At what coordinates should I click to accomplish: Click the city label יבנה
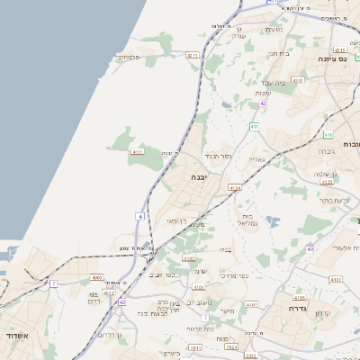(x=199, y=177)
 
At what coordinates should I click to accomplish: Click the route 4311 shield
(x=192, y=56)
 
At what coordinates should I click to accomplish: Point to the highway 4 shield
(x=140, y=217)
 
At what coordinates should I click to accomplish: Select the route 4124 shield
(x=235, y=187)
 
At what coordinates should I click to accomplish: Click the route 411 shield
(x=255, y=126)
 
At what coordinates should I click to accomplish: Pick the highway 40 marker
(x=310, y=248)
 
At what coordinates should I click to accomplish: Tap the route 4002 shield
(x=97, y=278)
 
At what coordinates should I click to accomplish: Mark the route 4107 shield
(x=252, y=305)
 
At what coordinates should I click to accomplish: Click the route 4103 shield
(x=336, y=280)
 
